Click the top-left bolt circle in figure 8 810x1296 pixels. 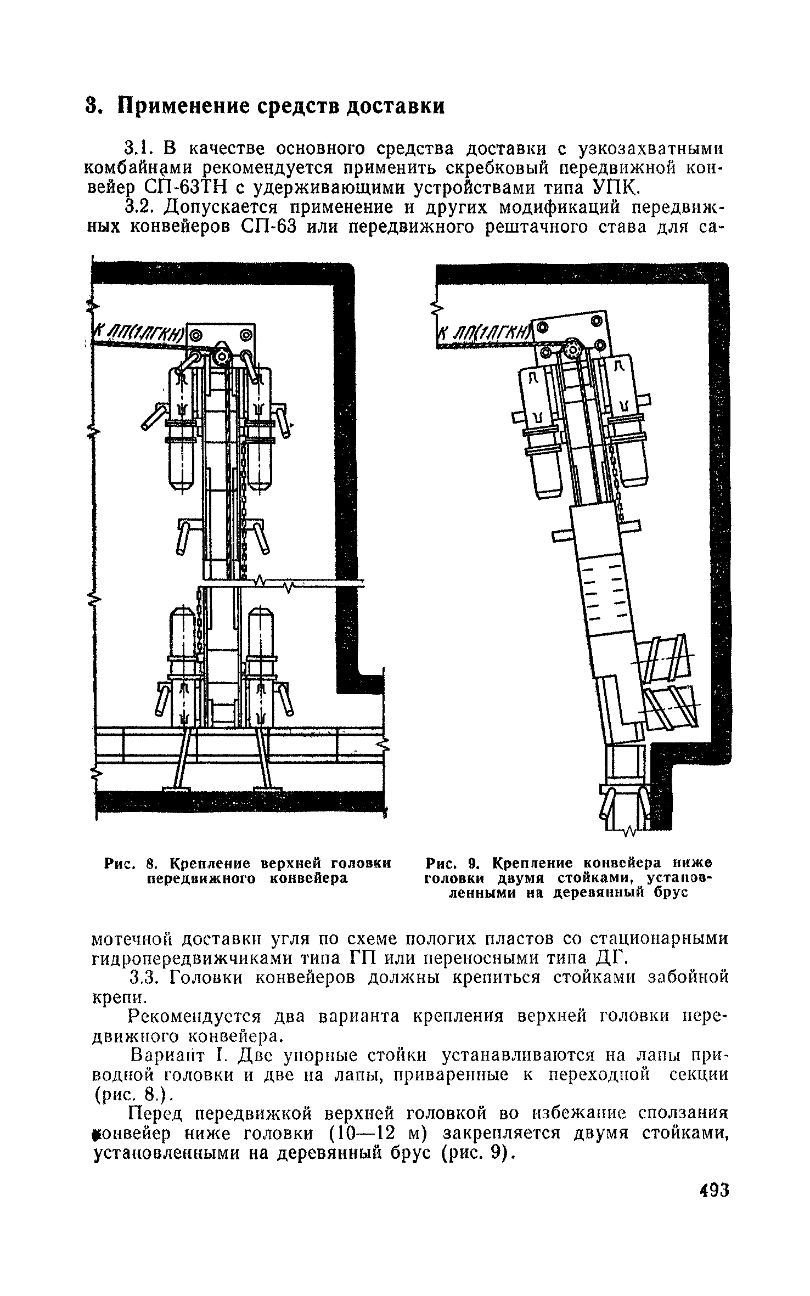(x=196, y=334)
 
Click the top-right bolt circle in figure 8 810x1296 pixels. (x=245, y=334)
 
